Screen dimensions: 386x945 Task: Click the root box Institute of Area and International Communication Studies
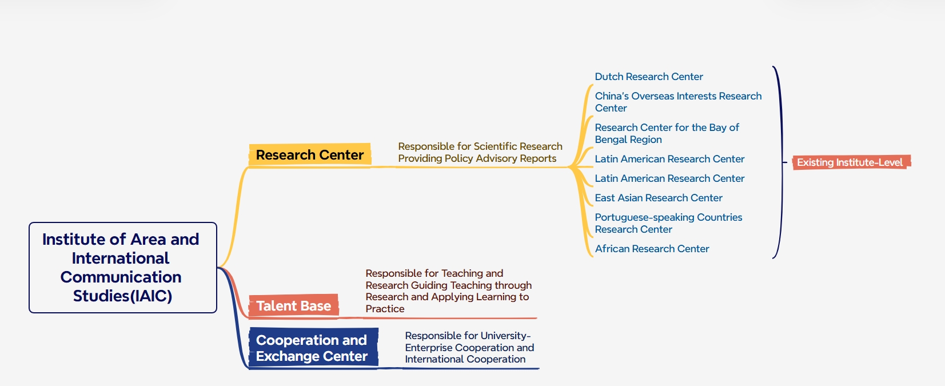point(122,267)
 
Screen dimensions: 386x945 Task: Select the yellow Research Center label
point(309,155)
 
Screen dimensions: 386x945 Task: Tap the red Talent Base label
point(293,306)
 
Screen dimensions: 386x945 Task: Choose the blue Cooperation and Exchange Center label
point(312,348)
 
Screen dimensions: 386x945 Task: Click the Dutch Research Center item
point(648,77)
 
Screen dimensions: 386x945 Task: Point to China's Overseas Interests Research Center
point(677,102)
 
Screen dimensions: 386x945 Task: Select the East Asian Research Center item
point(658,198)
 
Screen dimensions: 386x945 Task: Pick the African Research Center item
point(652,249)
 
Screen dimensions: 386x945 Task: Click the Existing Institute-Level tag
point(850,162)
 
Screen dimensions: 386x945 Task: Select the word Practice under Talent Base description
point(385,309)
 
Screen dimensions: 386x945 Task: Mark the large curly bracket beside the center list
point(779,162)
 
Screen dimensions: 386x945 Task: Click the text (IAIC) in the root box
point(151,296)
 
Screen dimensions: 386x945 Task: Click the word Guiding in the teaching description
point(429,285)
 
